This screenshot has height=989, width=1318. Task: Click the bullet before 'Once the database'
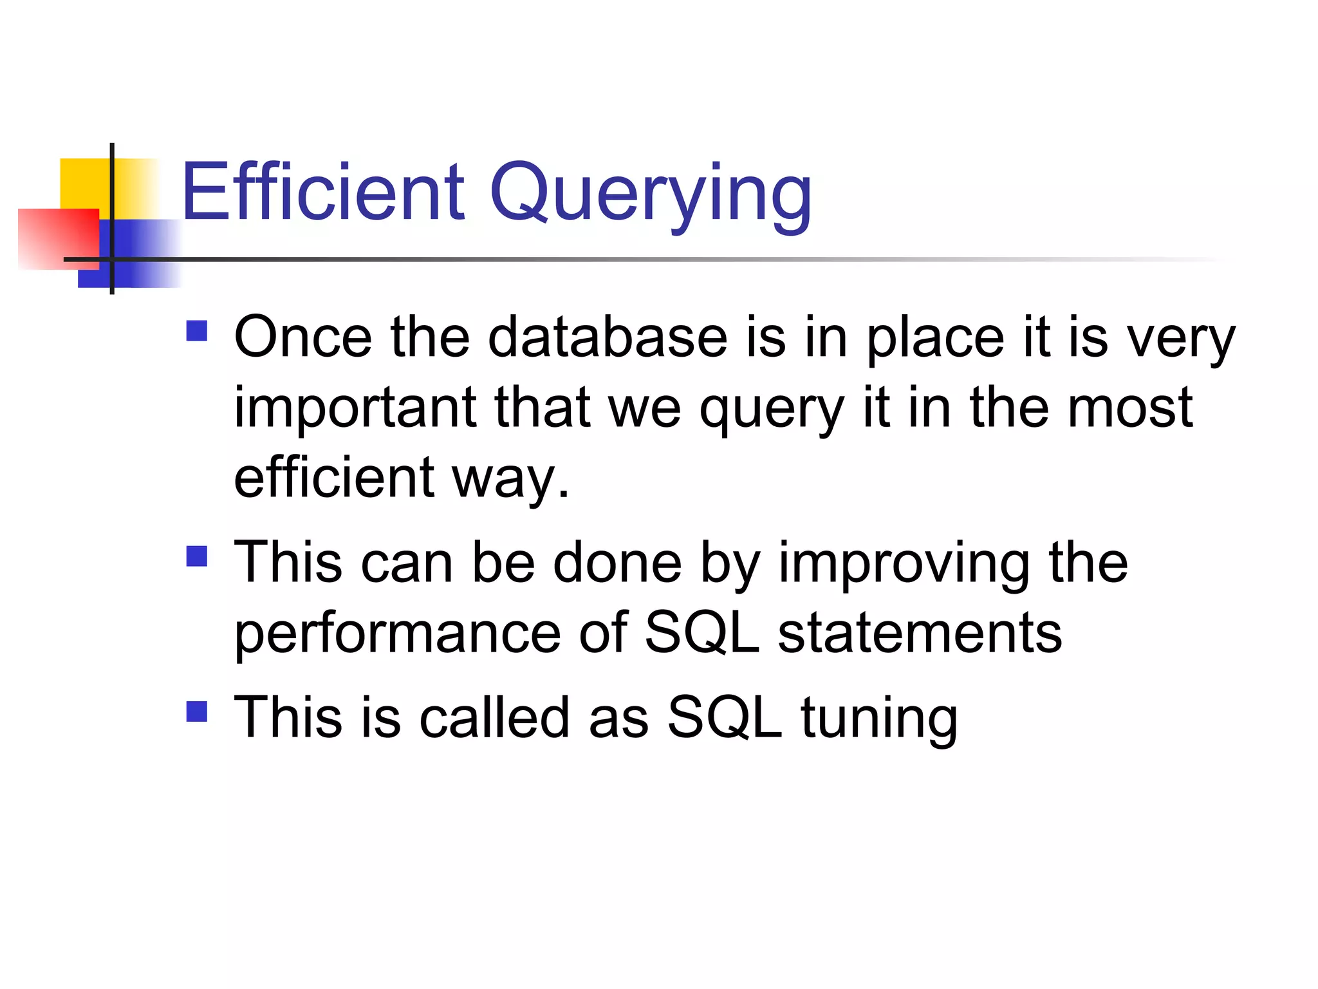(x=197, y=331)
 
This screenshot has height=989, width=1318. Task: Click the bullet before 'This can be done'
(x=197, y=556)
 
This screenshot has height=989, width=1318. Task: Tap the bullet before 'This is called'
(x=197, y=711)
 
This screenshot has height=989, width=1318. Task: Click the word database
(x=608, y=337)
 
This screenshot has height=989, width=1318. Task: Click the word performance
(x=398, y=634)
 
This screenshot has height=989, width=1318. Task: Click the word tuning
(x=879, y=719)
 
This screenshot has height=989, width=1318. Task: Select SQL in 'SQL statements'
(x=701, y=633)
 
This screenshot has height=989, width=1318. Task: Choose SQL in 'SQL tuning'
(x=724, y=718)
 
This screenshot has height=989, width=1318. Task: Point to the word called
(x=494, y=717)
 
